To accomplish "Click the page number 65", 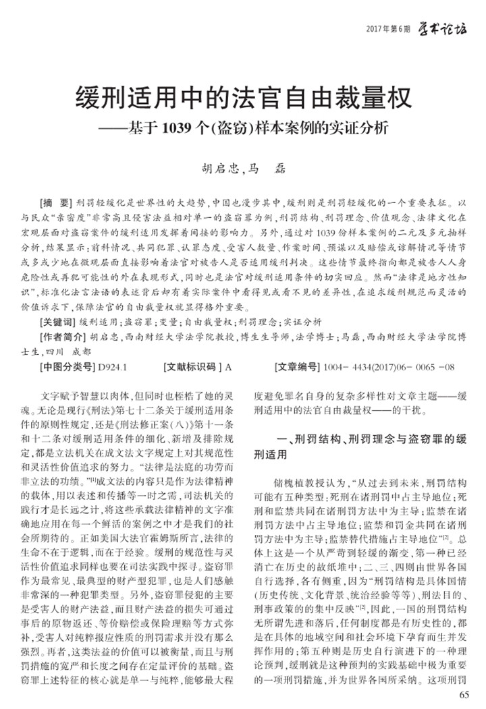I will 463,694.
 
